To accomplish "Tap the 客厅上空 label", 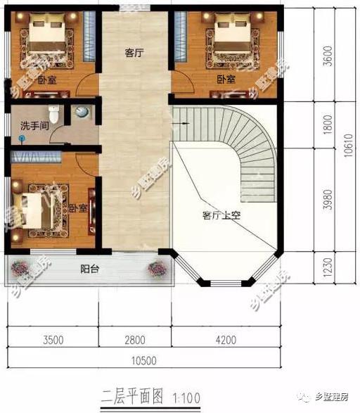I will [x=221, y=215].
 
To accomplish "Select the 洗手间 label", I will [x=33, y=126].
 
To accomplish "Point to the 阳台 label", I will [x=89, y=268].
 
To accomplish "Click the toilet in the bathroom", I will [x=55, y=113].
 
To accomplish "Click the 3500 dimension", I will [x=53, y=340].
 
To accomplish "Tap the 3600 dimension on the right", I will [x=328, y=54].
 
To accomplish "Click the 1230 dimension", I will [x=328, y=268].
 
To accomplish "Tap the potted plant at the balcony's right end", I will [x=158, y=268].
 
